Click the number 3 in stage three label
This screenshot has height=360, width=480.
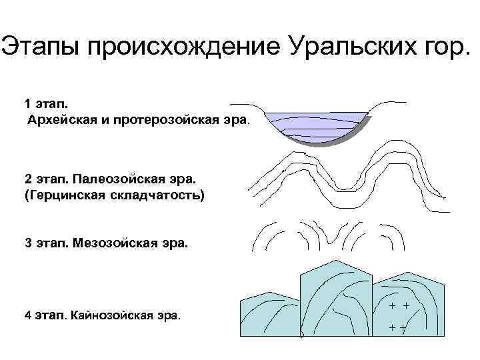coord(27,243)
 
